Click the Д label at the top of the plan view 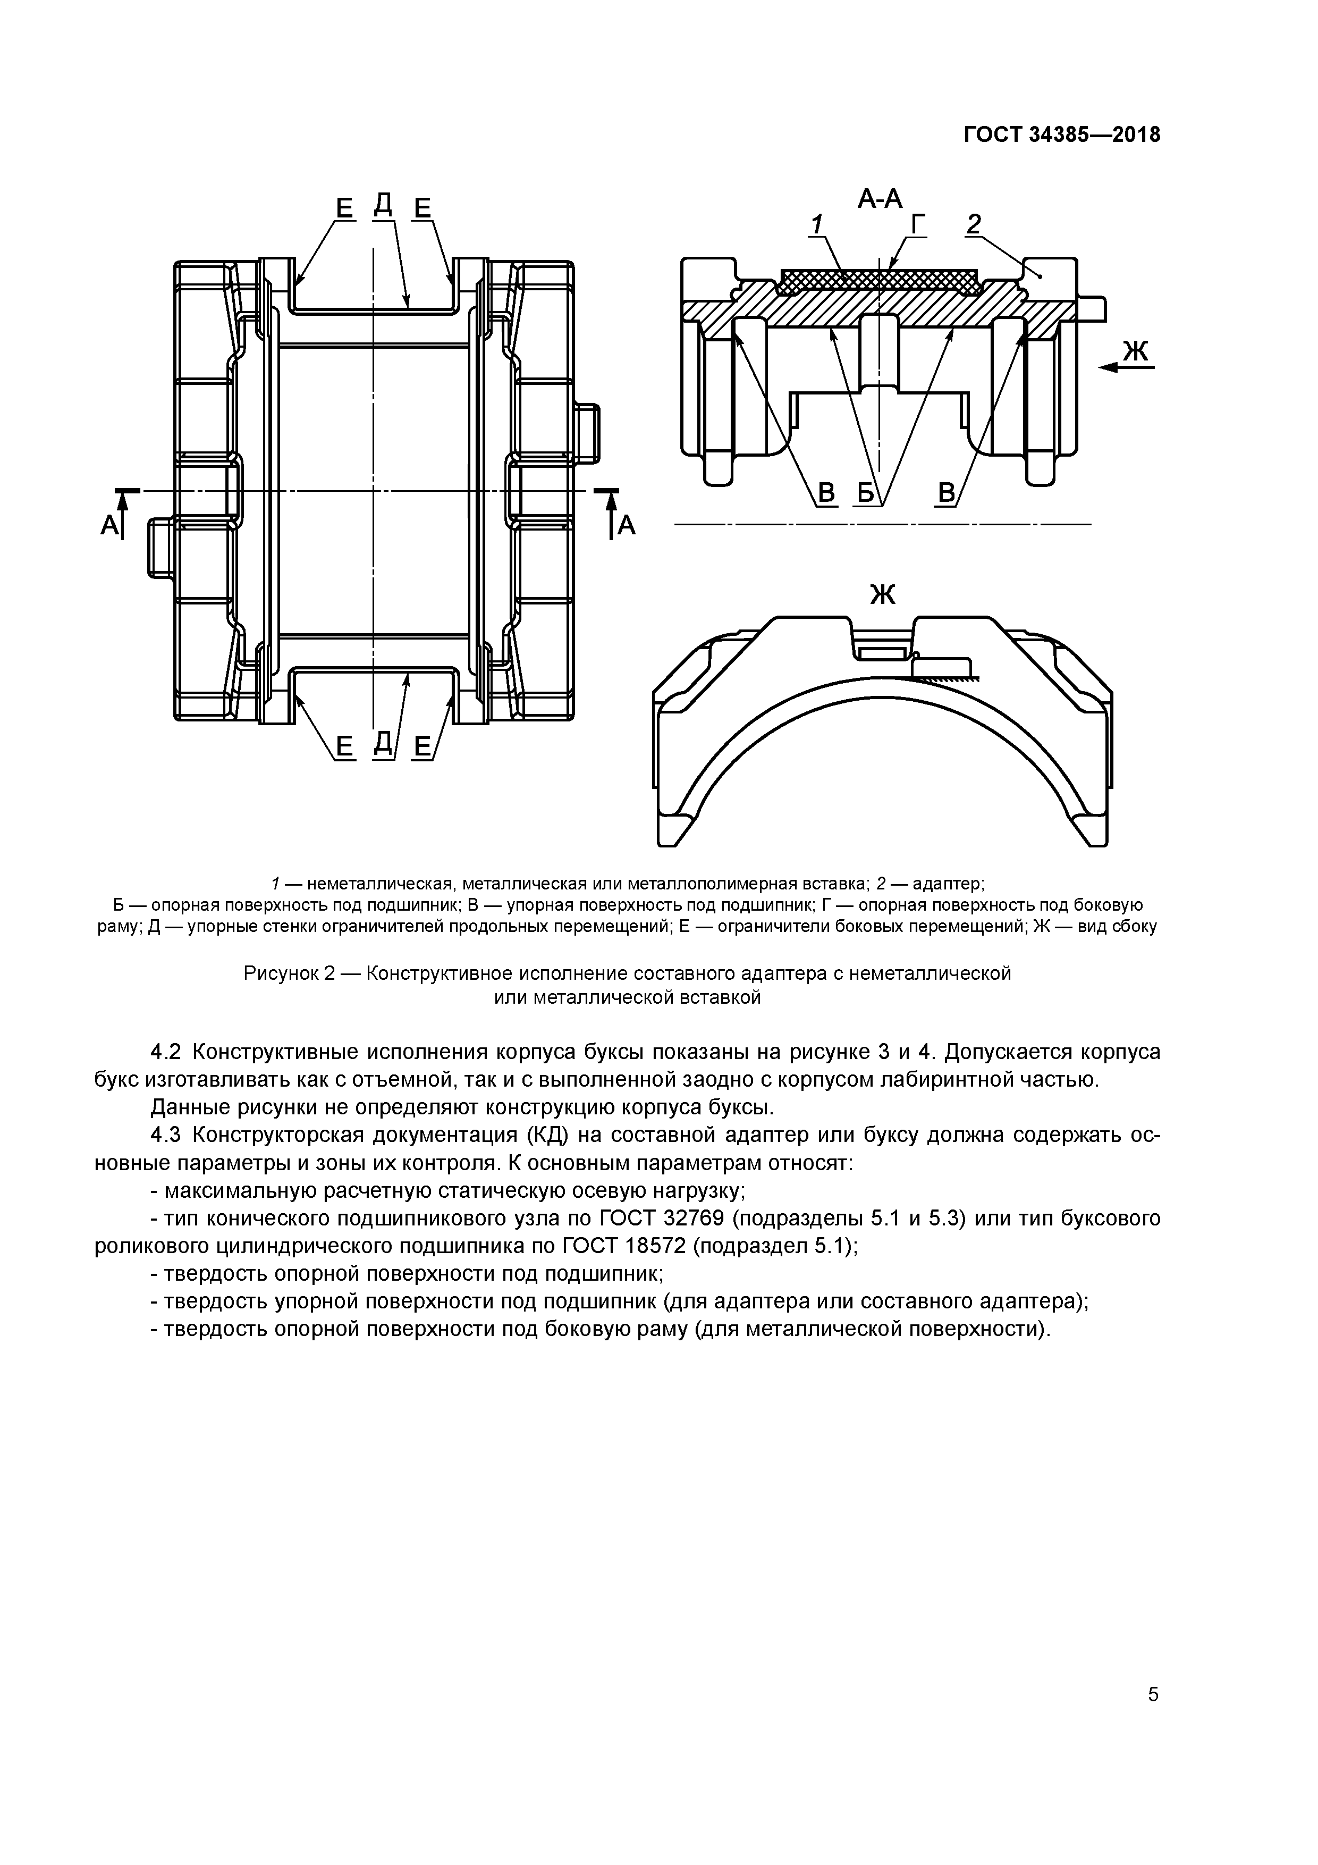click(383, 206)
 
